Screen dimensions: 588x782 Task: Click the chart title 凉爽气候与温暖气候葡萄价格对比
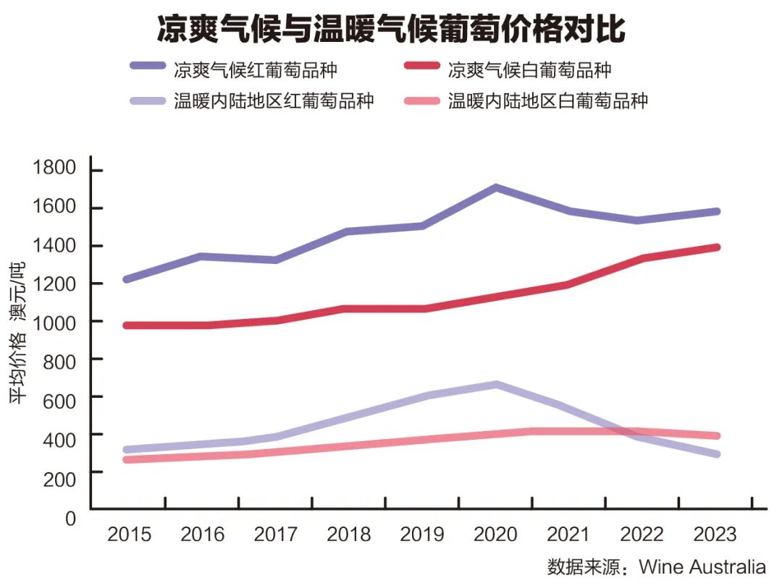[391, 30]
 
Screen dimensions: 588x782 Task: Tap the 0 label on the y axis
[70, 519]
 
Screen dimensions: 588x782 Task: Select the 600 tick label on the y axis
[61, 396]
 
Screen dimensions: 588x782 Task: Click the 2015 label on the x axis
[130, 534]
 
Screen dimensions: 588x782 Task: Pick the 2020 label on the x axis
[495, 534]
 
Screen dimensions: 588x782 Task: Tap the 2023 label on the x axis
[715, 534]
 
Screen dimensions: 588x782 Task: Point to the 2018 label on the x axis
[349, 534]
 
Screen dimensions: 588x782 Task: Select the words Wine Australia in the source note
[702, 566]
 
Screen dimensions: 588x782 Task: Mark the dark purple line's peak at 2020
[496, 188]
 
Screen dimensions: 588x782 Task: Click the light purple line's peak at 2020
[496, 385]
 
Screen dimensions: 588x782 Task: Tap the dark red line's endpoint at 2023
[716, 247]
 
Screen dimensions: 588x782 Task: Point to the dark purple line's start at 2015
[127, 279]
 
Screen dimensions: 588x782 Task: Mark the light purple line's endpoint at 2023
[716, 454]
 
